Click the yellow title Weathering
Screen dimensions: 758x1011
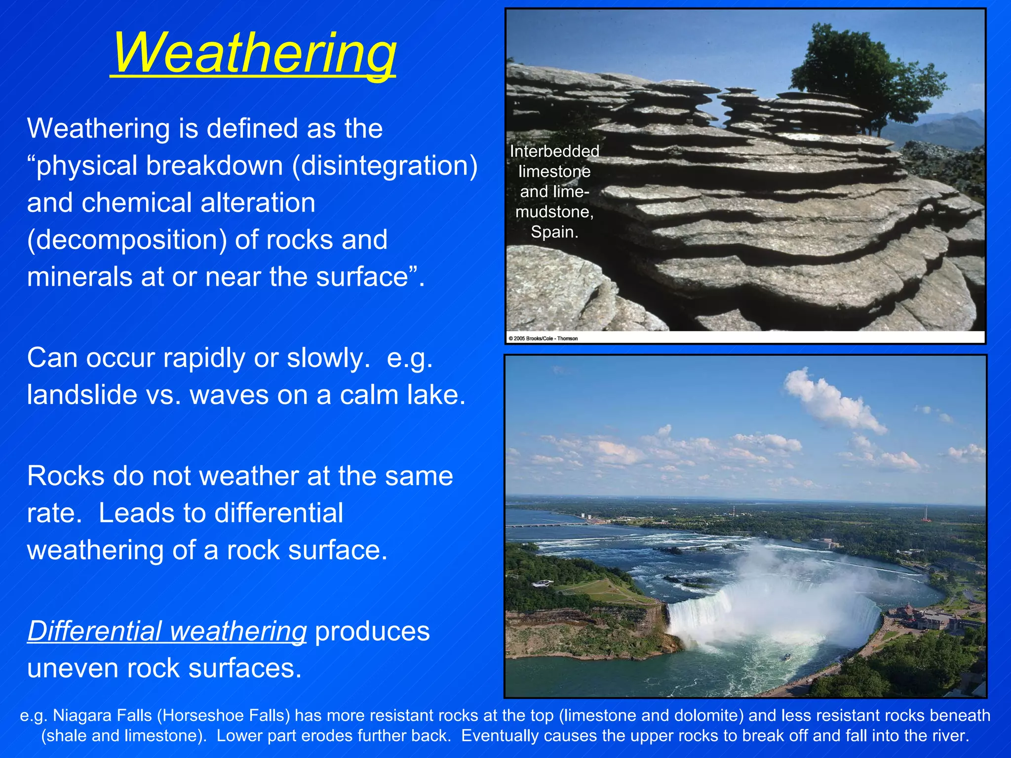coord(254,52)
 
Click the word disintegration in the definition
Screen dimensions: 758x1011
coord(385,166)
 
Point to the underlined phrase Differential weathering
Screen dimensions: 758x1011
coord(167,631)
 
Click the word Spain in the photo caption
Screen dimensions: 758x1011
coord(554,232)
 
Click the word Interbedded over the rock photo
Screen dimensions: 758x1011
coord(554,151)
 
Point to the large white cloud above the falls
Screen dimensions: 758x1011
coord(834,400)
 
